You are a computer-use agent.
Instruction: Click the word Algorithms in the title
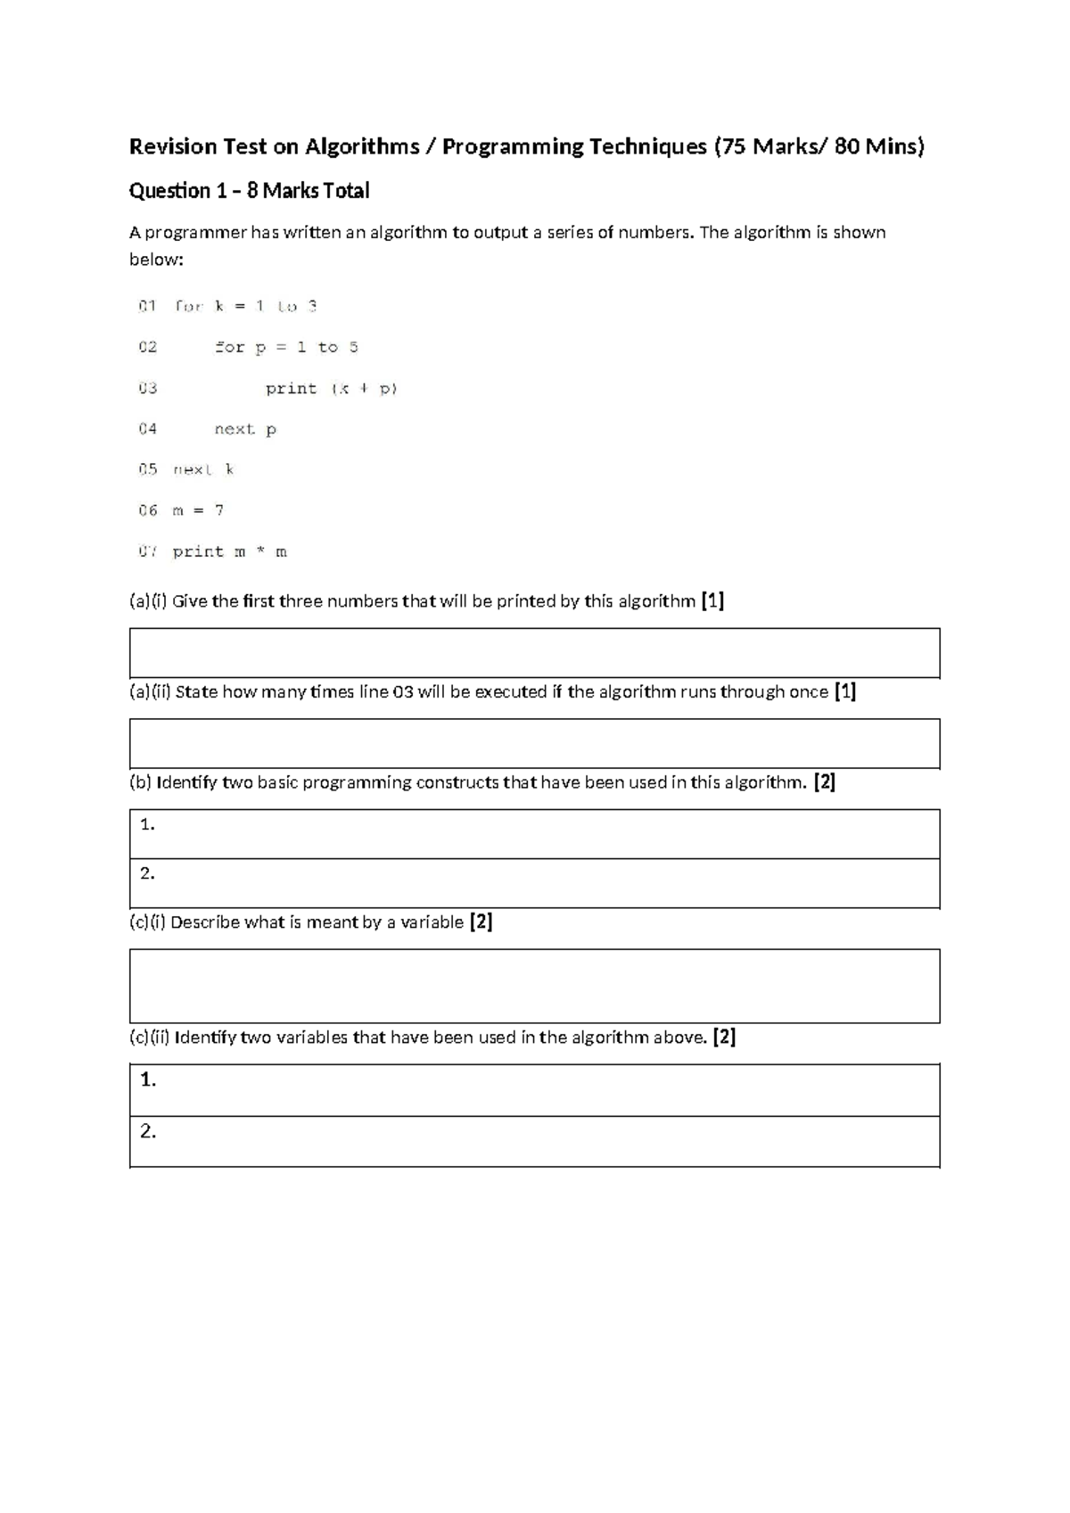pos(362,146)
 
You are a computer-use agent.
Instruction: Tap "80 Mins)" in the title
pos(879,146)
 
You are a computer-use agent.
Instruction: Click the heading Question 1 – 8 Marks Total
pos(249,191)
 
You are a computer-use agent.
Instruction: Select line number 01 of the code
pos(147,306)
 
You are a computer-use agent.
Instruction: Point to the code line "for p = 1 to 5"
pos(286,347)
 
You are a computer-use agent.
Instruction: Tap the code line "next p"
pos(245,429)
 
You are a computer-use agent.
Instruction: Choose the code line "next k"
pos(203,469)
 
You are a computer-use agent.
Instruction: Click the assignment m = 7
pos(198,510)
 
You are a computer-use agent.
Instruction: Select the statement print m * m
pos(230,551)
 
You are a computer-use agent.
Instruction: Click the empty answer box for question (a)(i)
pos(535,653)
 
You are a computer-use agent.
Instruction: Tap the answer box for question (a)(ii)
pos(535,743)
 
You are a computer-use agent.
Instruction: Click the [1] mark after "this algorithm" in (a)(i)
pos(712,601)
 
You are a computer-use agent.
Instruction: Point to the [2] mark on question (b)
pos(824,782)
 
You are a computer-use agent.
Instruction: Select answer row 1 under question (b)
pos(535,834)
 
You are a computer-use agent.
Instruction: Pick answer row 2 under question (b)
pos(535,883)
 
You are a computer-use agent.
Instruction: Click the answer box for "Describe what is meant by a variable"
pos(535,986)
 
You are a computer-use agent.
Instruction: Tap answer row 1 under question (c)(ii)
pos(535,1089)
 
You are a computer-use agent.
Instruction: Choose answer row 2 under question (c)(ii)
pos(535,1141)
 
